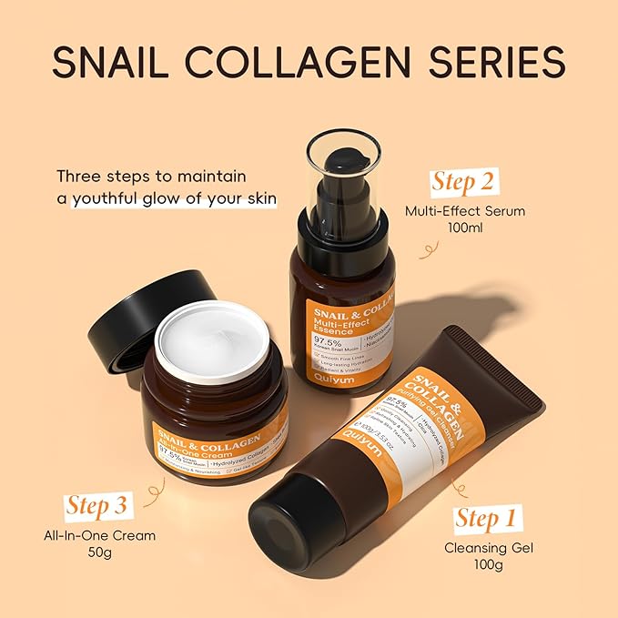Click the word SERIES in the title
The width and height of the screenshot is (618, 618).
pyautogui.click(x=496, y=61)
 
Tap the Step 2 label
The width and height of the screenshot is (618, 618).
pyautogui.click(x=463, y=181)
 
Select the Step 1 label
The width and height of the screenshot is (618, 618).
pyautogui.click(x=488, y=519)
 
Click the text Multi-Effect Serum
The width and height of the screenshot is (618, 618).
pyautogui.click(x=465, y=211)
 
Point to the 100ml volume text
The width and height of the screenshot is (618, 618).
pyautogui.click(x=465, y=230)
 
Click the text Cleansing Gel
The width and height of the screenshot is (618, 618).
pyautogui.click(x=487, y=548)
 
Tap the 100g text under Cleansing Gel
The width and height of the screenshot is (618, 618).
pyautogui.click(x=487, y=567)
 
